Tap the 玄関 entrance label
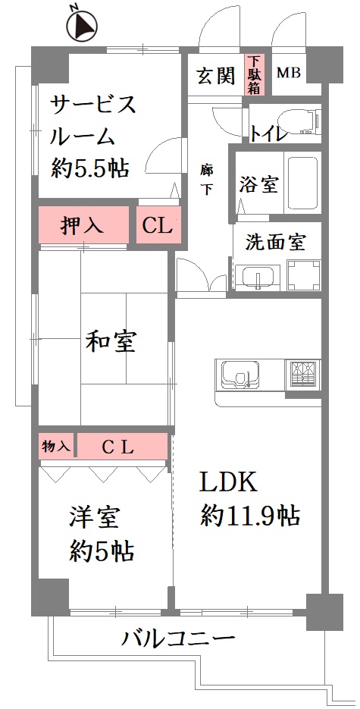(216, 76)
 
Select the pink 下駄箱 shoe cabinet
(255, 74)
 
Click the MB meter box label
(288, 73)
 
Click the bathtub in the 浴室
(302, 183)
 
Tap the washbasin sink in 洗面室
(258, 277)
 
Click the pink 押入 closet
(83, 224)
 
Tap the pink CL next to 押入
(158, 224)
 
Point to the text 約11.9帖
(250, 515)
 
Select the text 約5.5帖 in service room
(90, 168)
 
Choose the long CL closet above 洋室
(123, 447)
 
